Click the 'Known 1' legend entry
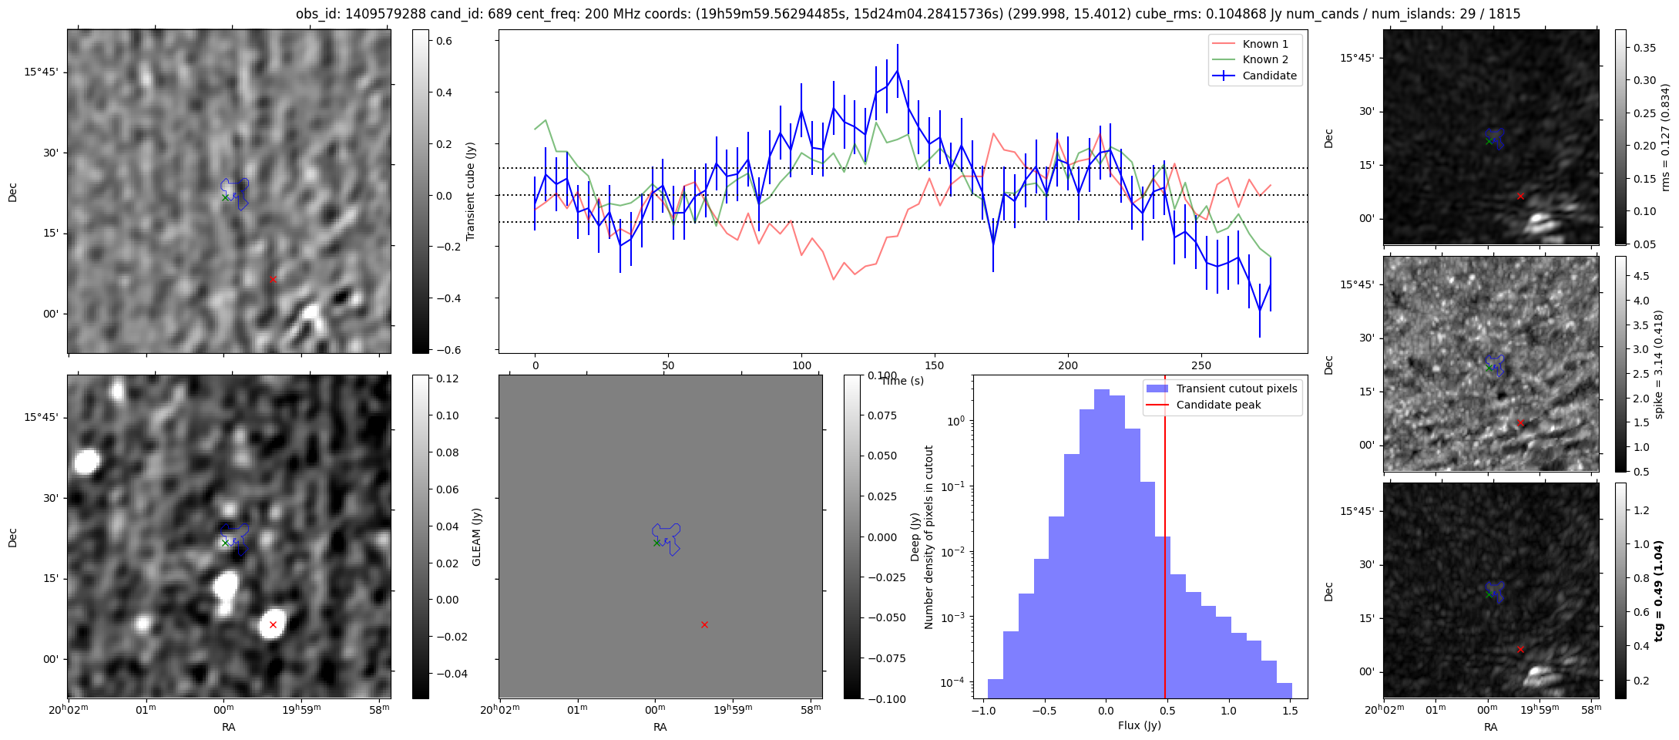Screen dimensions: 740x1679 click(x=1264, y=44)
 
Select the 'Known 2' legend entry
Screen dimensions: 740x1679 click(x=1264, y=59)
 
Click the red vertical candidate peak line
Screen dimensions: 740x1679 click(x=1165, y=540)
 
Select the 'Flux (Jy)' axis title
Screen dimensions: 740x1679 click(x=1139, y=725)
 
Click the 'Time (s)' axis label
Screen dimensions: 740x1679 click(x=902, y=381)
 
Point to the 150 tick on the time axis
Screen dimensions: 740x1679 click(x=935, y=365)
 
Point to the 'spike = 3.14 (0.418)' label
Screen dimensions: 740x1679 click(x=1659, y=364)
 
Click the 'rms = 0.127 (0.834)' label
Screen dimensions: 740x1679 click(x=1665, y=137)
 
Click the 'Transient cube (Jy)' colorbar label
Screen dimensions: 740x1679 click(x=470, y=191)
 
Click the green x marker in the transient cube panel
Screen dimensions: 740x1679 click(x=225, y=197)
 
